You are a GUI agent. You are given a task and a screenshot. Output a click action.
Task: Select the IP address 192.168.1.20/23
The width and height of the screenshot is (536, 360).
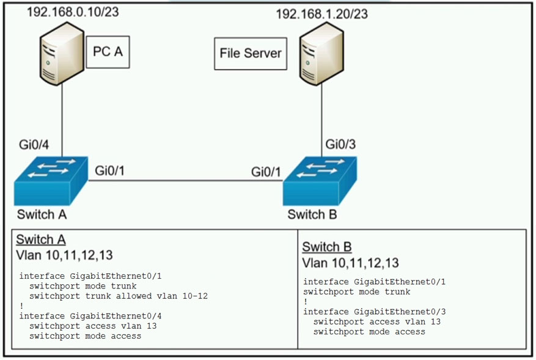click(x=322, y=13)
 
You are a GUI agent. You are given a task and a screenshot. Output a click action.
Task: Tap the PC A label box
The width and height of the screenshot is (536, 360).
click(x=108, y=52)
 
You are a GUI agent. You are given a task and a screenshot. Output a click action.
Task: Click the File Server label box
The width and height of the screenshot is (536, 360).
click(x=251, y=53)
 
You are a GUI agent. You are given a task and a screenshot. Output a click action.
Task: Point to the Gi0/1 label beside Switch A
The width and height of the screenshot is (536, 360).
click(x=111, y=171)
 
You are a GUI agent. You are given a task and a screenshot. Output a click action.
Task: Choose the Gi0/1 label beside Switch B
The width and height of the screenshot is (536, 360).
click(x=266, y=172)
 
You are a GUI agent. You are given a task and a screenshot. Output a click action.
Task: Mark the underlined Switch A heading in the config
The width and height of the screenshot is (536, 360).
click(x=40, y=240)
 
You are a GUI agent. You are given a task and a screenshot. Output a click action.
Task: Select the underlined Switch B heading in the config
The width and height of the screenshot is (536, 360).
click(x=326, y=247)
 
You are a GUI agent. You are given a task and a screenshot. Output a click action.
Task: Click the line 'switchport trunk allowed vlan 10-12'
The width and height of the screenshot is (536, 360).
click(x=119, y=296)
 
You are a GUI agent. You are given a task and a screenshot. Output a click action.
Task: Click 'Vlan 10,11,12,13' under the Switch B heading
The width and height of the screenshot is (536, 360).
click(x=350, y=263)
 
